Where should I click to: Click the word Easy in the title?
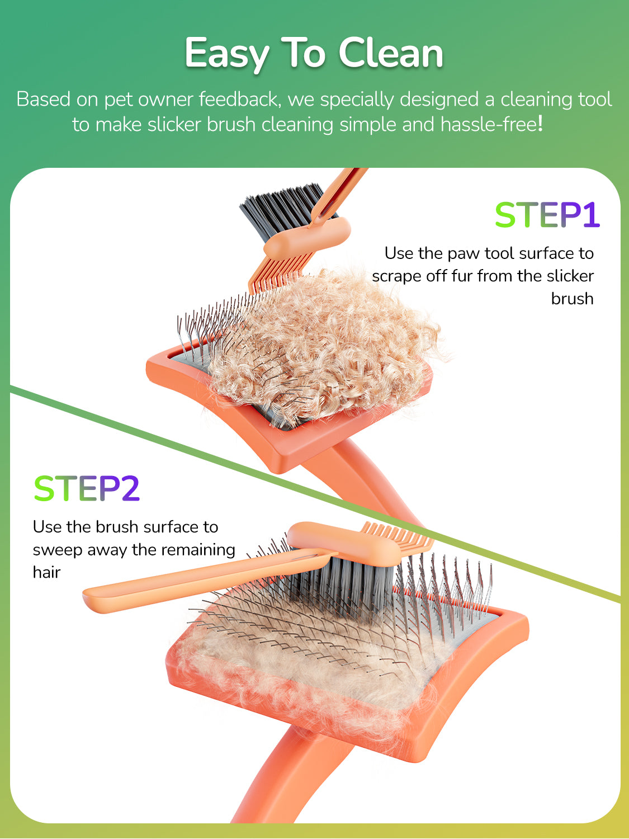(226, 54)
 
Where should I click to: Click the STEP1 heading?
(547, 215)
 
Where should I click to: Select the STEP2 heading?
(87, 489)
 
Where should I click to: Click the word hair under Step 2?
(46, 572)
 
